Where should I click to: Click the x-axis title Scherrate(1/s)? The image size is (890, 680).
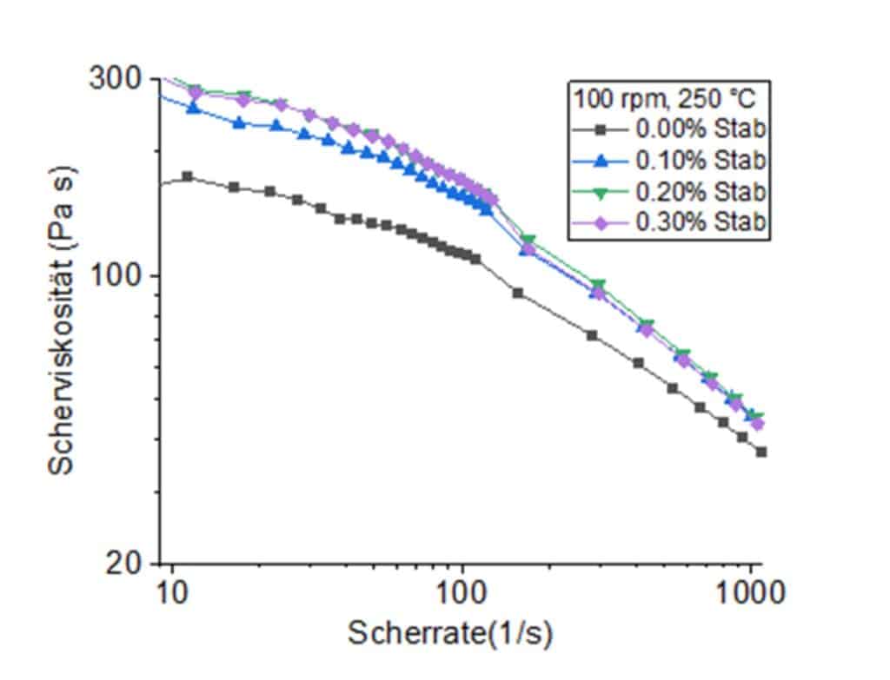(450, 633)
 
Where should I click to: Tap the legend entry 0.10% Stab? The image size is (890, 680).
(701, 160)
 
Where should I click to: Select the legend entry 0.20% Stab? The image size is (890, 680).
(701, 190)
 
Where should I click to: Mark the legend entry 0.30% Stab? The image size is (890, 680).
(701, 221)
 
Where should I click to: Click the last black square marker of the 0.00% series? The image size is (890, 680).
(761, 452)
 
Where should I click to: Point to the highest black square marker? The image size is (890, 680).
(187, 176)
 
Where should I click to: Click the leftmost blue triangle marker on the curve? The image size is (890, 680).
(193, 109)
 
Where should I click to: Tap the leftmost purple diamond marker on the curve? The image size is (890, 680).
(196, 92)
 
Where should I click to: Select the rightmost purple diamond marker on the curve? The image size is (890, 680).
(757, 424)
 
